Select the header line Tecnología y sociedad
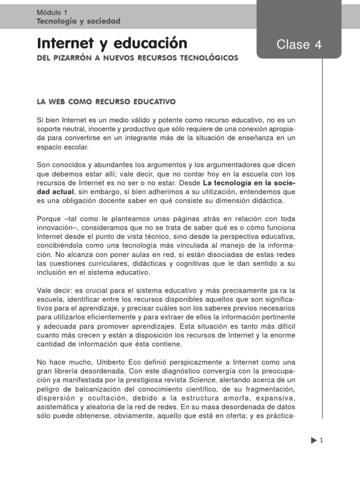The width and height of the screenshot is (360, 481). (78, 21)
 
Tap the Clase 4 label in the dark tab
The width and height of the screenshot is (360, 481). (300, 45)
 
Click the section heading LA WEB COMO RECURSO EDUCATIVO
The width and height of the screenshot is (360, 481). (106, 101)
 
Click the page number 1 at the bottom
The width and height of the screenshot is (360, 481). (322, 441)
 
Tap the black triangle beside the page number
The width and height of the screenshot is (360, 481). (313, 441)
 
